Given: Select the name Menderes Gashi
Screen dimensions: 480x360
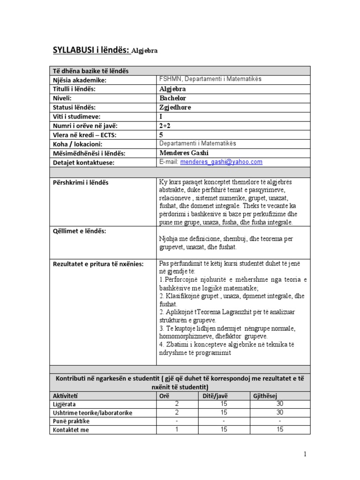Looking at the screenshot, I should [x=184, y=153].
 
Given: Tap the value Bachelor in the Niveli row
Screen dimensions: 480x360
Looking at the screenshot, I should [x=173, y=98].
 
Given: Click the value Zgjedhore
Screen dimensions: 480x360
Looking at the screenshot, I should [x=175, y=107].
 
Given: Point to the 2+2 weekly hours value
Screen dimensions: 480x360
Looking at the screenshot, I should [x=165, y=126].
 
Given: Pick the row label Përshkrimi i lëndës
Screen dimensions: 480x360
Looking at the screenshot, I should [x=80, y=182].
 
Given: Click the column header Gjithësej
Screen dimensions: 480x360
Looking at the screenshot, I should [x=265, y=396].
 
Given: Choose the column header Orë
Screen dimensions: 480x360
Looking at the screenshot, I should [x=165, y=396].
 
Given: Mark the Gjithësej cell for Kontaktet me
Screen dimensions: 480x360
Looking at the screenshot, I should [x=280, y=429].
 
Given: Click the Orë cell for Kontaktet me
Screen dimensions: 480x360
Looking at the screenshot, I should [x=177, y=429].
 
